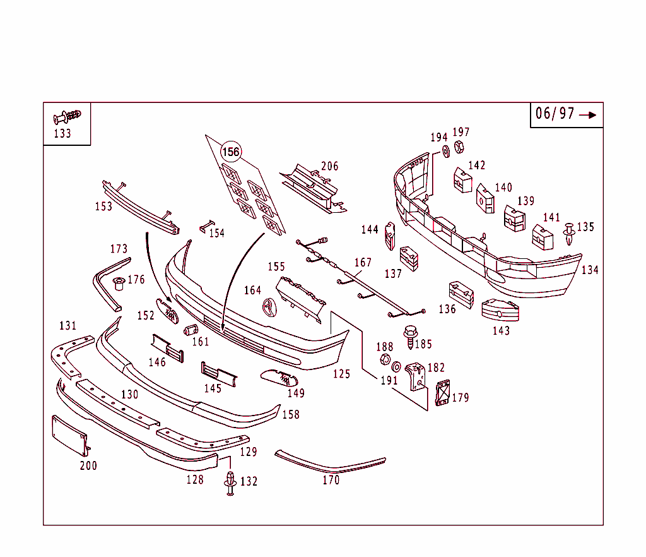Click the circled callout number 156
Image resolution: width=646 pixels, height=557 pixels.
click(x=231, y=152)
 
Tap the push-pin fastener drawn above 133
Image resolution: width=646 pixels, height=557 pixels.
click(x=67, y=116)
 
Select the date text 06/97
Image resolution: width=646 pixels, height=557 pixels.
click(x=555, y=114)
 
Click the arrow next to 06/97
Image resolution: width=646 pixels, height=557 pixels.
click(x=588, y=115)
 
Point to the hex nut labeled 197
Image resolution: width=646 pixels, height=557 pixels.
click(x=459, y=147)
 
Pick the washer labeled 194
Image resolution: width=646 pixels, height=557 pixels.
click(x=446, y=152)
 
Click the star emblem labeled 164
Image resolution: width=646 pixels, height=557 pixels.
click(x=269, y=308)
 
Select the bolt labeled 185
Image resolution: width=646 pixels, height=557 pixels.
click(x=410, y=337)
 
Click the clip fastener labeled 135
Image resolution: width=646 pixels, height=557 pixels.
click(x=569, y=234)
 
